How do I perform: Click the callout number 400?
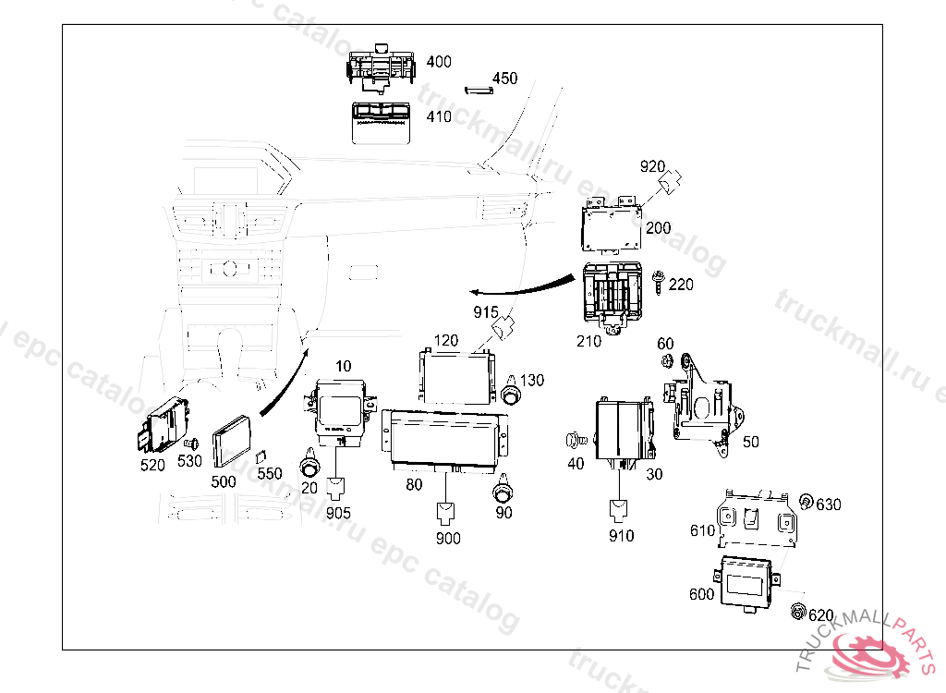(x=439, y=62)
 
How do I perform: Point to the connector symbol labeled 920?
(x=672, y=183)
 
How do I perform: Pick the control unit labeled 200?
(x=612, y=225)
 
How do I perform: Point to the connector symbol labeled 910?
(x=618, y=510)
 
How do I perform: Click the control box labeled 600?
(x=749, y=581)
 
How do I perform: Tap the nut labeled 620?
(x=796, y=611)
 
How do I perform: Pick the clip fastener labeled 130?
(x=510, y=392)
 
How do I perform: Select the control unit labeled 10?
(x=340, y=407)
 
